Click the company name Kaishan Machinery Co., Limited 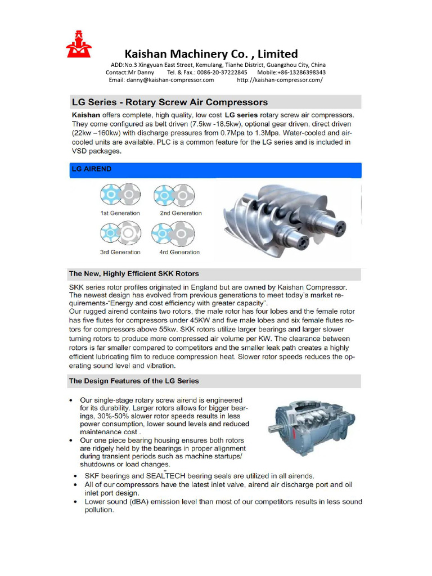tap(211, 54)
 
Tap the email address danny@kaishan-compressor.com tap(161, 80)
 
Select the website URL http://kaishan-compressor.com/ tap(280, 80)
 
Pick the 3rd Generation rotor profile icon tap(119, 232)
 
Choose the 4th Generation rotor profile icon tap(172, 232)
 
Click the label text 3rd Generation tap(120, 252)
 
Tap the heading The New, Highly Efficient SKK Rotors tap(134, 274)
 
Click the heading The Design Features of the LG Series tap(134, 381)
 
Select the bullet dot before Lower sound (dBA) tap(76, 502)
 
